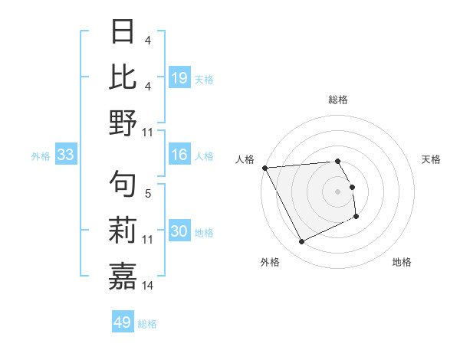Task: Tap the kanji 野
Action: (123, 122)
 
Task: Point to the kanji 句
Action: (123, 183)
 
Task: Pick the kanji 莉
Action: (123, 230)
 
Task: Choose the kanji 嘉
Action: (123, 275)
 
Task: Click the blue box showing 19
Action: (179, 77)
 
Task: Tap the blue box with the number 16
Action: (179, 155)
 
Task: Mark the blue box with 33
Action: (66, 155)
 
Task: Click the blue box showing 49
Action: (123, 322)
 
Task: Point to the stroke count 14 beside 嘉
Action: (148, 286)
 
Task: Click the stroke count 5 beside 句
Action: (148, 194)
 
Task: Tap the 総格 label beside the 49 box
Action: (147, 324)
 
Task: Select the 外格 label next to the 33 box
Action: (41, 156)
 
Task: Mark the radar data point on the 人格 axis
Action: (264, 168)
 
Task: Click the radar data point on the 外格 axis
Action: (301, 242)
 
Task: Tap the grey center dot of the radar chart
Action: (338, 191)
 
